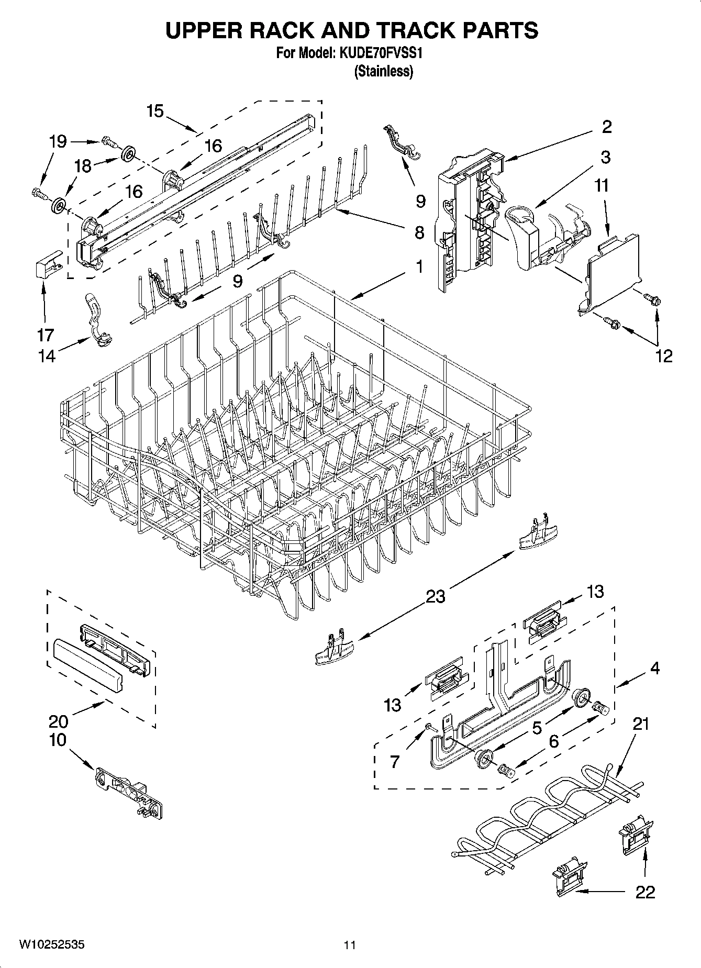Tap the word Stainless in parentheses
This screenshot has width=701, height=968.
384,72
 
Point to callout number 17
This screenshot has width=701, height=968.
46,334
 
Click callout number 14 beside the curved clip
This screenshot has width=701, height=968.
47,355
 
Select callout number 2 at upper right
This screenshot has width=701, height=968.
606,127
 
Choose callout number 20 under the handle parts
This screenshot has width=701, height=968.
58,721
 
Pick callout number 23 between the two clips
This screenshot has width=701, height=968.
435,596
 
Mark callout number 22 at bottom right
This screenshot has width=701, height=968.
644,892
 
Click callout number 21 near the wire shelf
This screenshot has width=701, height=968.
641,724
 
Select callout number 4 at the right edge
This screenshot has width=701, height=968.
655,668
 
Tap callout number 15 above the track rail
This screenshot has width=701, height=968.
155,111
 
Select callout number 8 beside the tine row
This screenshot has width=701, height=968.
419,232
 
